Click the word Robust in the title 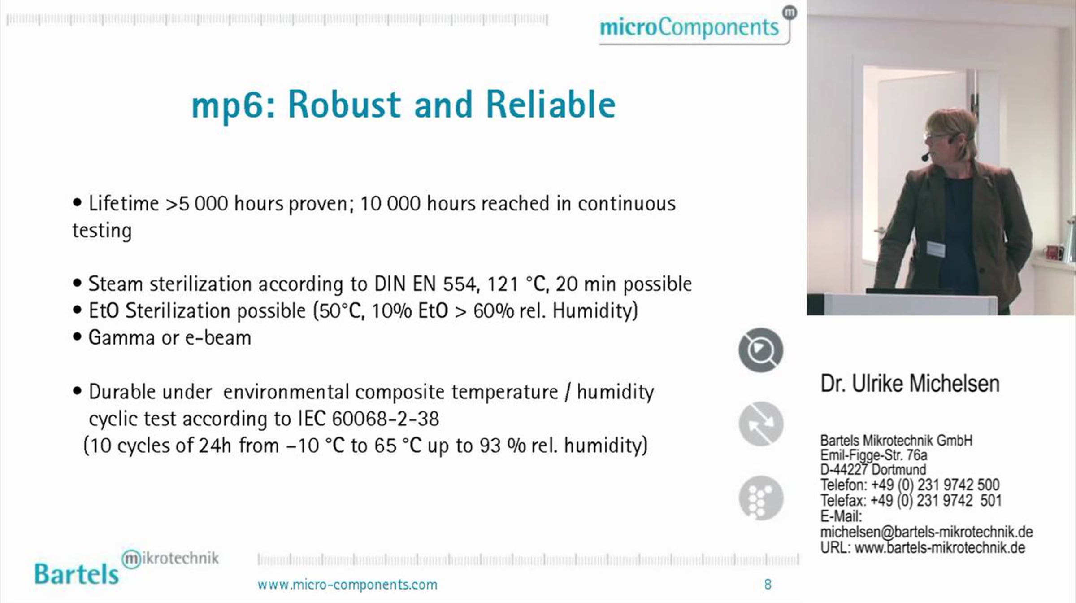344,105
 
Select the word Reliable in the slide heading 551,105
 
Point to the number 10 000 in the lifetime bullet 390,204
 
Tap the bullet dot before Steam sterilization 77,284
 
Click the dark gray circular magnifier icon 761,350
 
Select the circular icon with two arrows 761,424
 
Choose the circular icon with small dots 761,498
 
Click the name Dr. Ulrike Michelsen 910,384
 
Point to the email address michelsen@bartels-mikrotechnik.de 926,533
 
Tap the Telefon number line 910,485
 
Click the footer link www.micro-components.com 347,585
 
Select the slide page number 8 768,585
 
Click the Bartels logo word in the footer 77,574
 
